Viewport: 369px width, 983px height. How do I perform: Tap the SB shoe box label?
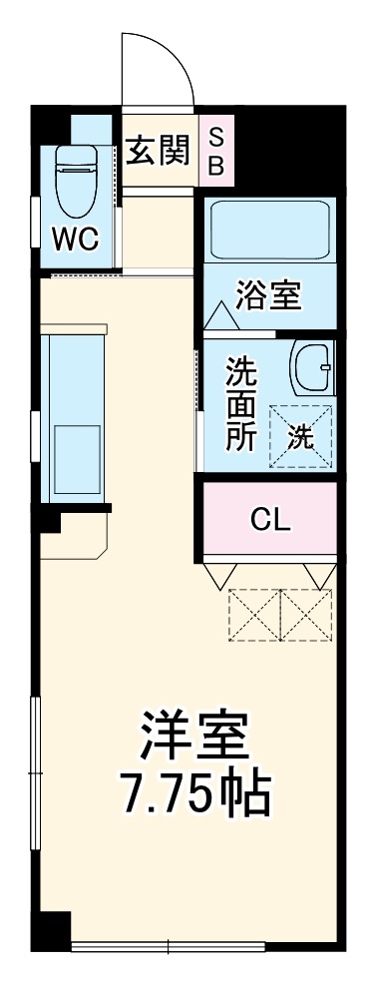(x=215, y=150)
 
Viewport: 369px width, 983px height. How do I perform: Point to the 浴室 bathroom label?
(x=268, y=297)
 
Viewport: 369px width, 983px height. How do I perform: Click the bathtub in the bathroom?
(x=270, y=231)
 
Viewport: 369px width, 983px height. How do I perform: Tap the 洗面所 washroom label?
(x=239, y=405)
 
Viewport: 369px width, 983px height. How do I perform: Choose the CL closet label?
(x=270, y=519)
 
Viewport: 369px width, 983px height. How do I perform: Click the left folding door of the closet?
(x=221, y=576)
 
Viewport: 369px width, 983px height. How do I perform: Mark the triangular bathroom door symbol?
(x=219, y=318)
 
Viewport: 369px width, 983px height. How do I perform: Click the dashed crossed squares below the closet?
(x=280, y=615)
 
